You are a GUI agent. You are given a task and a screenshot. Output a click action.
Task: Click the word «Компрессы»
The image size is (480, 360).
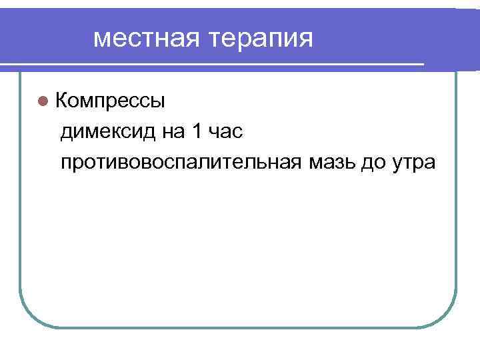[x=110, y=101]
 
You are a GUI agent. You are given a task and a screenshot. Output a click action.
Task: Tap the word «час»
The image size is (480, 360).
[x=225, y=132]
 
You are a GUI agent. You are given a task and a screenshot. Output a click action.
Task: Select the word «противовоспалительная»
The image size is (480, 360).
[x=182, y=163]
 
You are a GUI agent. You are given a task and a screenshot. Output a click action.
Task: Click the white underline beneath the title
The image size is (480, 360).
[x=213, y=65]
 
